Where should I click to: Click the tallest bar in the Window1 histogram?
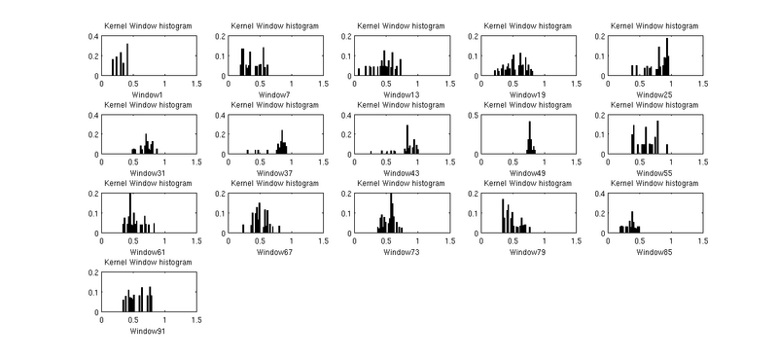(127, 59)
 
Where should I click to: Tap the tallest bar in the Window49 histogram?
(530, 137)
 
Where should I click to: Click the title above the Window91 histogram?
(149, 263)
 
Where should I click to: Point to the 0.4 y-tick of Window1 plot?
(92, 36)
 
